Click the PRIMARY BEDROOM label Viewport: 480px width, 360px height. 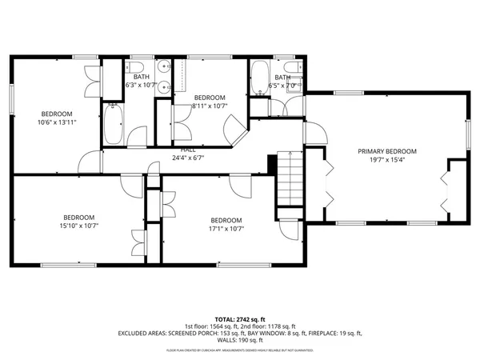tap(387, 151)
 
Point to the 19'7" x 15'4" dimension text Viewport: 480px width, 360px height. tap(387, 160)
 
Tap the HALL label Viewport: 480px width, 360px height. tap(188, 150)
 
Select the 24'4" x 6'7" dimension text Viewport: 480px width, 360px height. tap(188, 158)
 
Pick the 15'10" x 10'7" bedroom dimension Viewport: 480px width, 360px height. tap(80, 227)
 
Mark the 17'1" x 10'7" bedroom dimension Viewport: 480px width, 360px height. tap(226, 229)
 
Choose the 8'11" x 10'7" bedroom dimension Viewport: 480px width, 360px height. tap(210, 106)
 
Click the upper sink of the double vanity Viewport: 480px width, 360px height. tap(162, 67)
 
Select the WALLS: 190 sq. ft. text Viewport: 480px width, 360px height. tap(240, 340)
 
